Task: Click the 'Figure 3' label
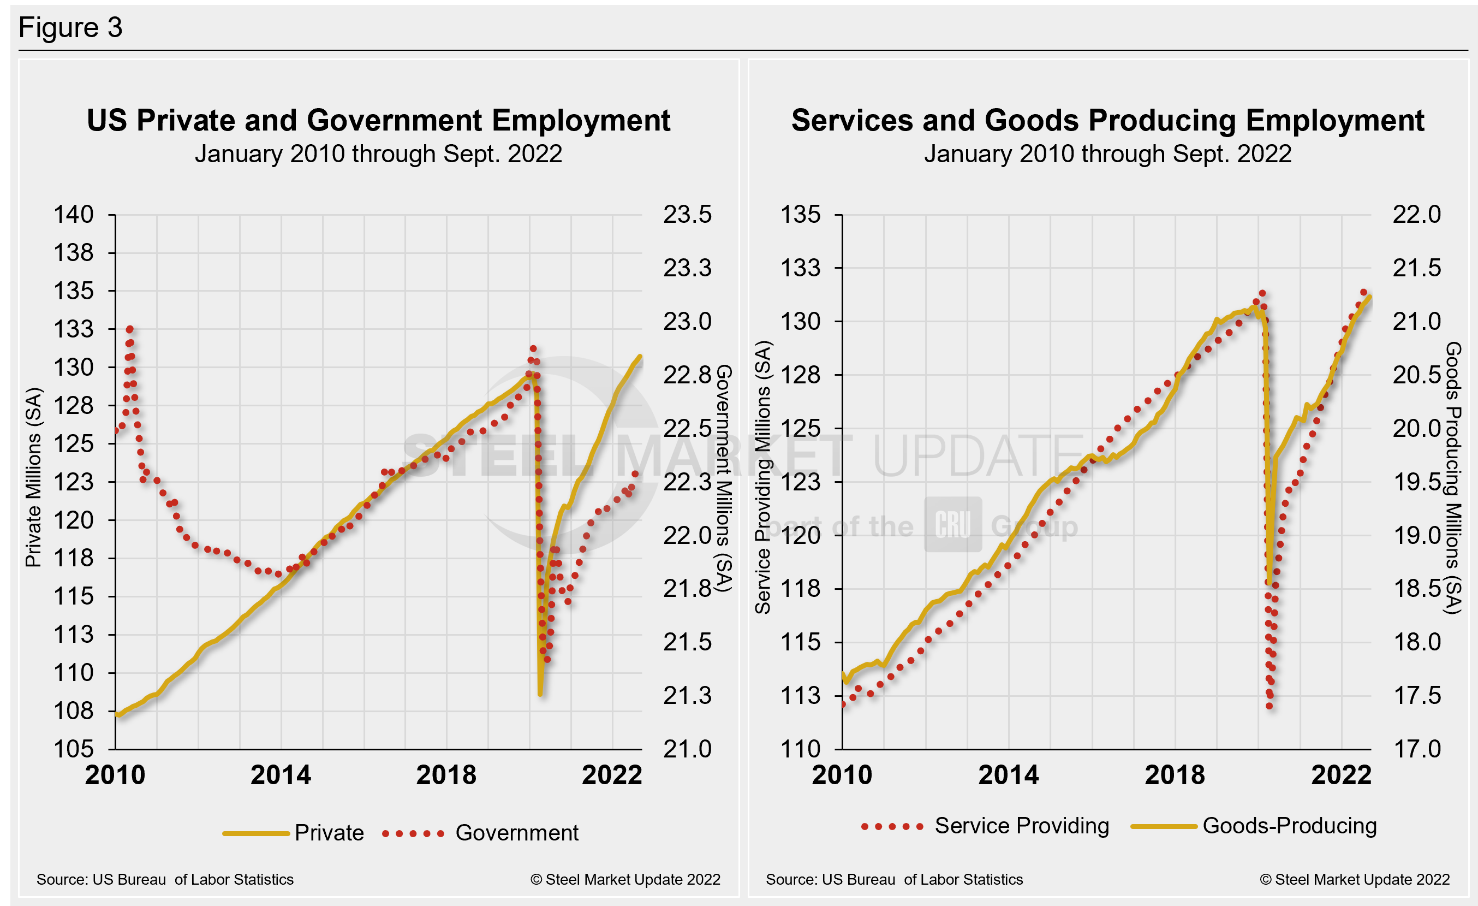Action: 70,28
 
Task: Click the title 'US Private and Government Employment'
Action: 378,121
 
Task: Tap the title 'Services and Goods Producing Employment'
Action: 1107,121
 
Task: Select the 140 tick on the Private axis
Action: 74,214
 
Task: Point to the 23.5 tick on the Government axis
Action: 687,214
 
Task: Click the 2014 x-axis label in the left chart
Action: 281,774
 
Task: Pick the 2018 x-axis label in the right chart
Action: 1175,774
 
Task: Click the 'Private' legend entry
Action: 329,833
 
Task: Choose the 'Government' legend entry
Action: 516,833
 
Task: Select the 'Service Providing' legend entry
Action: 1022,826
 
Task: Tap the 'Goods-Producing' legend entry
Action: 1289,826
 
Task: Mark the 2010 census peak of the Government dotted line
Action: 129,329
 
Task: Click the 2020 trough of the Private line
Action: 540,694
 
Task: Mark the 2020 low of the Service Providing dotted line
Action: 1270,706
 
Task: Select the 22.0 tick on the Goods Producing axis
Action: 1416,214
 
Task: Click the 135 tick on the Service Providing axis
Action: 800,214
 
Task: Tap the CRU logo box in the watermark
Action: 952,524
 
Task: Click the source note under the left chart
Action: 165,880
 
